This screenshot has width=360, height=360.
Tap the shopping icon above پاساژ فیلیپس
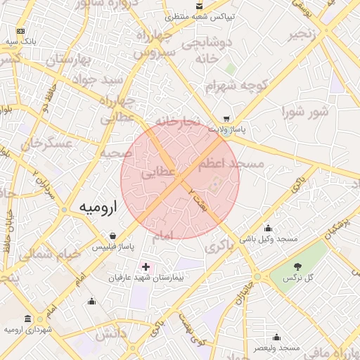click(x=113, y=236)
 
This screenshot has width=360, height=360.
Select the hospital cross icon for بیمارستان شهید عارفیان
click(x=146, y=266)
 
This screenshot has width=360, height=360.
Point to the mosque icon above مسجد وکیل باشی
click(x=268, y=228)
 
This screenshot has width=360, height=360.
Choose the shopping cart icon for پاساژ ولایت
click(x=226, y=119)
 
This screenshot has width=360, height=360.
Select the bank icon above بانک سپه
click(x=20, y=32)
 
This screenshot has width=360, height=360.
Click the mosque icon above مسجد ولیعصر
click(x=276, y=337)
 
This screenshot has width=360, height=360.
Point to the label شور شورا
click(x=305, y=112)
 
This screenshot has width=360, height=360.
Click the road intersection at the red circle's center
click(x=180, y=180)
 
